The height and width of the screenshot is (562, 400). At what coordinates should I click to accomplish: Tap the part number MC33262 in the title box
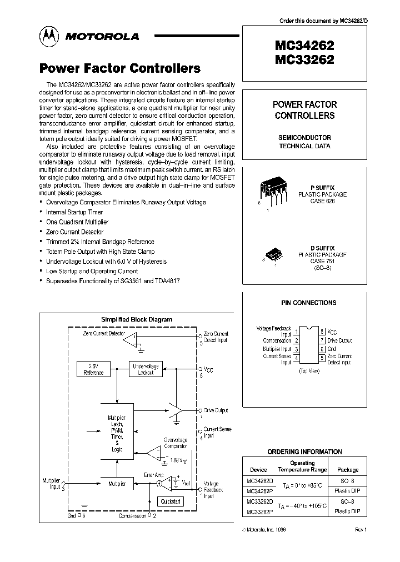click(x=304, y=59)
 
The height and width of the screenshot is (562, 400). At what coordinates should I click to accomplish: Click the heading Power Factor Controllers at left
click(x=119, y=69)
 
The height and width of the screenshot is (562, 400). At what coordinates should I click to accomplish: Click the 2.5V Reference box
click(x=93, y=369)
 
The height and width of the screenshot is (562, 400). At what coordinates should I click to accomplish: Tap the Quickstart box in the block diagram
click(x=171, y=501)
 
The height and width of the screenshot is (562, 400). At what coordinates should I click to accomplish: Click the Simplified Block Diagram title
click(x=136, y=319)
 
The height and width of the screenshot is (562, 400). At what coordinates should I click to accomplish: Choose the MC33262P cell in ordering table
click(x=258, y=511)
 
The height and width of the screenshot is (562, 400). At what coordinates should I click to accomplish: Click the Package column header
click(x=348, y=470)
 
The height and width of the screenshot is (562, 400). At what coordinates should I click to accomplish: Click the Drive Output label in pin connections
click(x=339, y=340)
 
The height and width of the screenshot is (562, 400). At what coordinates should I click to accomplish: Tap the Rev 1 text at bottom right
click(x=361, y=530)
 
